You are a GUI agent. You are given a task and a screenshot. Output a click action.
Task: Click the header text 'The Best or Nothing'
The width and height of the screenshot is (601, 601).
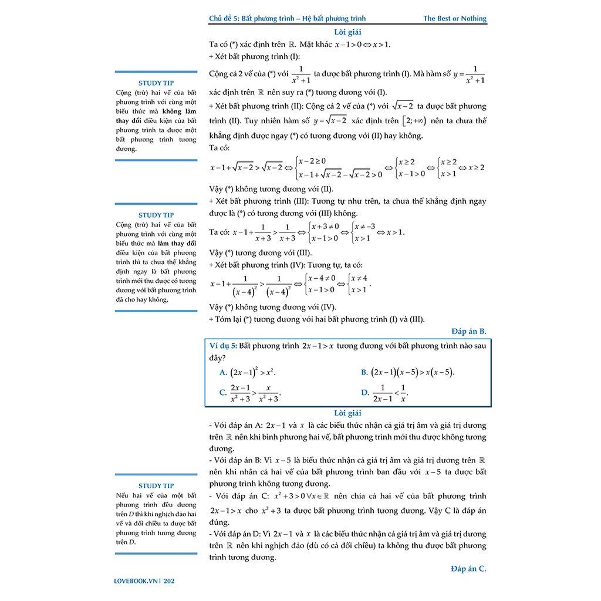pyautogui.click(x=455, y=18)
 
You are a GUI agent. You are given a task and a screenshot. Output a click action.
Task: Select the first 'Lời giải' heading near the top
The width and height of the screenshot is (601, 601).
pyautogui.click(x=347, y=32)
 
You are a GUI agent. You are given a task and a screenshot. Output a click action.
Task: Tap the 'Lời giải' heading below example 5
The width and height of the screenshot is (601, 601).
pyautogui.click(x=347, y=413)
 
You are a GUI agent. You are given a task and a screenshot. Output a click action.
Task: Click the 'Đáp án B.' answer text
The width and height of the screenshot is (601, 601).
pyautogui.click(x=468, y=331)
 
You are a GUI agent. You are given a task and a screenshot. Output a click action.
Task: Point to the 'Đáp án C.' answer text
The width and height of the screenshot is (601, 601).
pyautogui.click(x=468, y=568)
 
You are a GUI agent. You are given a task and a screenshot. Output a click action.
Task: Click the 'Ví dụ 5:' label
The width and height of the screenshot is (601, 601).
pyautogui.click(x=223, y=346)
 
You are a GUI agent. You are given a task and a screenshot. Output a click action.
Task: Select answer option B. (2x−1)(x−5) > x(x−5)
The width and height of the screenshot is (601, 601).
pyautogui.click(x=408, y=372)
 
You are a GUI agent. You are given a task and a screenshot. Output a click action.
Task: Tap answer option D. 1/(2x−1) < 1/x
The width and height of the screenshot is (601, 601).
pyautogui.click(x=385, y=393)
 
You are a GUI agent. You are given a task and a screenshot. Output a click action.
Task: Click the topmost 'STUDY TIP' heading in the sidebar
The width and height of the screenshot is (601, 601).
pyautogui.click(x=156, y=83)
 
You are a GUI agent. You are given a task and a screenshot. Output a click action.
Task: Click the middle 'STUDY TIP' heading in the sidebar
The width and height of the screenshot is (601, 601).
pyautogui.click(x=156, y=215)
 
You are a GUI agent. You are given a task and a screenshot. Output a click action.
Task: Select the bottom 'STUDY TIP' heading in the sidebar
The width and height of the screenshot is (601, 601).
pyautogui.click(x=156, y=485)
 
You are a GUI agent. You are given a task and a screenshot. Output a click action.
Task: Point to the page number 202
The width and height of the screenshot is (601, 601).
pyautogui.click(x=169, y=582)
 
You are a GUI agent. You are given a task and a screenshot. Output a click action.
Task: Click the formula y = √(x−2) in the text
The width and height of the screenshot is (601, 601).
pyautogui.click(x=330, y=121)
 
